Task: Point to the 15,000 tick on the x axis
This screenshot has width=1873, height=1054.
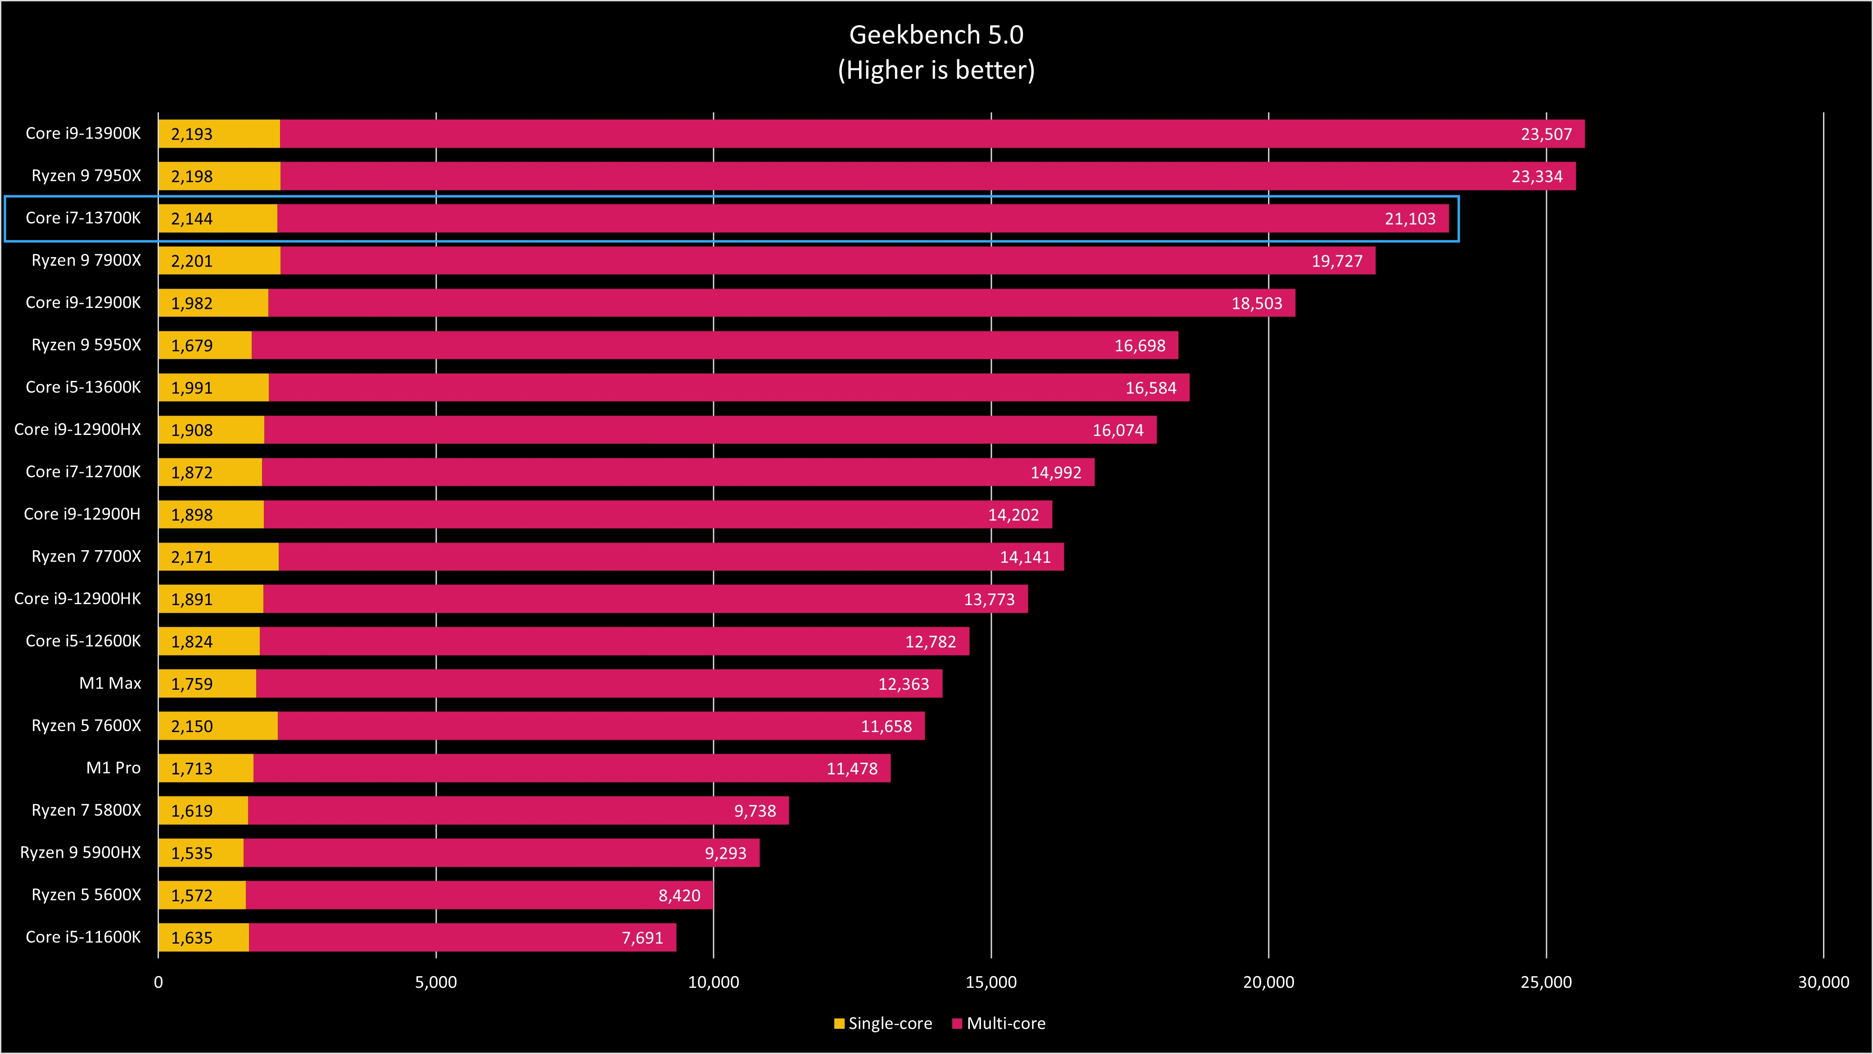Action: pyautogui.click(x=991, y=982)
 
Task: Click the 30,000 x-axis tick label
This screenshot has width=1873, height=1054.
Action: pyautogui.click(x=1823, y=982)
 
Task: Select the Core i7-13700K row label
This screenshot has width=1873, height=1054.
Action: pyautogui.click(x=83, y=218)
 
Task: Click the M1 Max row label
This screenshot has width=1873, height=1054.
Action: pyautogui.click(x=110, y=683)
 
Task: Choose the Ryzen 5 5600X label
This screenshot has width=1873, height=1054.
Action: pyautogui.click(x=86, y=895)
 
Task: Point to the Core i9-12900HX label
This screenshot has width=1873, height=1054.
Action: pyautogui.click(x=77, y=430)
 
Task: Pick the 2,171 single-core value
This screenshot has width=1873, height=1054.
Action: pyautogui.click(x=192, y=557)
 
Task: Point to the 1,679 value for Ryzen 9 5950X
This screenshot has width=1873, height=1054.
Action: pyautogui.click(x=192, y=346)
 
